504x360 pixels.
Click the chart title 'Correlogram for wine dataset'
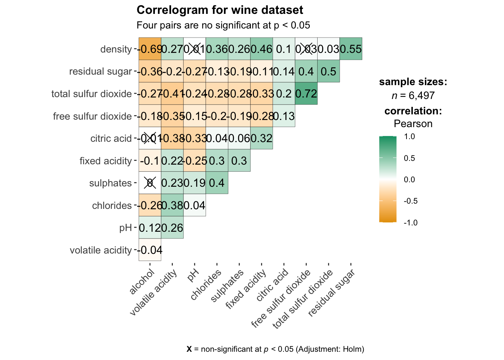[220, 10]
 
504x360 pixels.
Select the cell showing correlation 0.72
[306, 94]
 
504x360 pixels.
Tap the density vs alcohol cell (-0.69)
[150, 49]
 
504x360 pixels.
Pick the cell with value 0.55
[351, 49]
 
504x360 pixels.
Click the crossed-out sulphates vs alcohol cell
[150, 183]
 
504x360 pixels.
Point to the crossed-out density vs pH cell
[195, 49]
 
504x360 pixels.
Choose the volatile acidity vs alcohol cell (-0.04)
[150, 250]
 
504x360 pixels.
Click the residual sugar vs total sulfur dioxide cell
[328, 71]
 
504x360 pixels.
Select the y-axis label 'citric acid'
[111, 138]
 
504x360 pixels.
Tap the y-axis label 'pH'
[126, 228]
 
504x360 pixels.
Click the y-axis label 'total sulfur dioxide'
[91, 94]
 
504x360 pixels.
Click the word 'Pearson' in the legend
[413, 124]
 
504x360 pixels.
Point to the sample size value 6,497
[421, 96]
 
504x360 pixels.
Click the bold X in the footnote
[189, 349]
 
